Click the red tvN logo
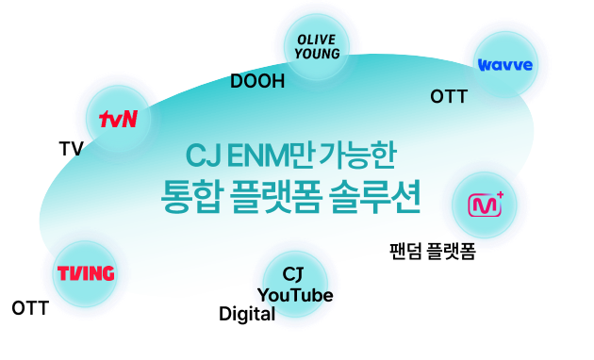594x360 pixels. (x=118, y=119)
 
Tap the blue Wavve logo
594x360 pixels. (x=505, y=65)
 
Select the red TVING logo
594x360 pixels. (x=86, y=273)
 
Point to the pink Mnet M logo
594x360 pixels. (x=486, y=205)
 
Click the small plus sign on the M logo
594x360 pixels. (x=500, y=196)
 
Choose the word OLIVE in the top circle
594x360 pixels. (x=316, y=40)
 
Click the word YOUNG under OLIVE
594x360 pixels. (x=317, y=54)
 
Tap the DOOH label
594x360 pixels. (x=257, y=81)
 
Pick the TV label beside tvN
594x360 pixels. (x=71, y=149)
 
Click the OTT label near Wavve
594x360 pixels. (x=449, y=96)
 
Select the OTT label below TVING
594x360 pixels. (x=30, y=308)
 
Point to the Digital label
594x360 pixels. (x=247, y=314)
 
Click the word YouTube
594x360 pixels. (x=295, y=295)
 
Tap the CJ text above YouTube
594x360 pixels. (x=293, y=274)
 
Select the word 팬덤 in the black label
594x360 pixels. (x=405, y=251)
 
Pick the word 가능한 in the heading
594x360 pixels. (x=357, y=155)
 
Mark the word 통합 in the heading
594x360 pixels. (x=190, y=197)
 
